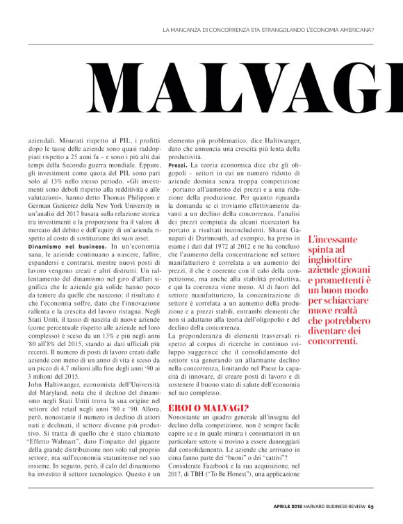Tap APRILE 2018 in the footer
[286, 505]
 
